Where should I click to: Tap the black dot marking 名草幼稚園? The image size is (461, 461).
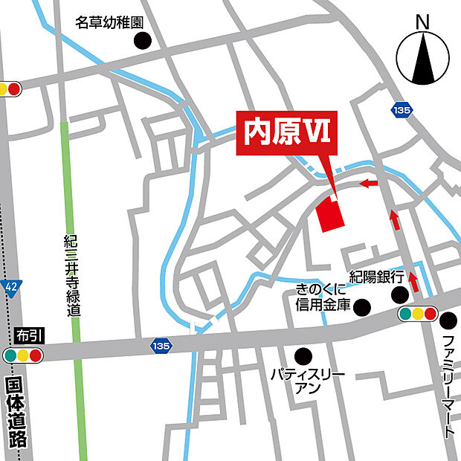pos(141,41)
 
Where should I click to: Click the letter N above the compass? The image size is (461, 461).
pos(423,23)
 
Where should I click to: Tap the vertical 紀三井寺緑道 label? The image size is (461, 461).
pos(72,276)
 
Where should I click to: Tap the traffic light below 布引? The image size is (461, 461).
pos(23,355)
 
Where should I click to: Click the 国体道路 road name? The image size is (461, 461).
pos(16,413)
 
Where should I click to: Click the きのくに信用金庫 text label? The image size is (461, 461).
pos(323,297)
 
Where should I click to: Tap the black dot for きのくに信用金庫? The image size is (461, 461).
pos(362,306)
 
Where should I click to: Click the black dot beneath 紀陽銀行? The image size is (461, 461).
pos(401,294)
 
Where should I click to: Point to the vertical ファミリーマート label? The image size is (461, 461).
pos(448,387)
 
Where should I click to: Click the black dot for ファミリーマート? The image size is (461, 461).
pos(448,320)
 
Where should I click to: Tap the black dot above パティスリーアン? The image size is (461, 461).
pos(303,356)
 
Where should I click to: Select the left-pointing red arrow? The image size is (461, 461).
pos(368,183)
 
